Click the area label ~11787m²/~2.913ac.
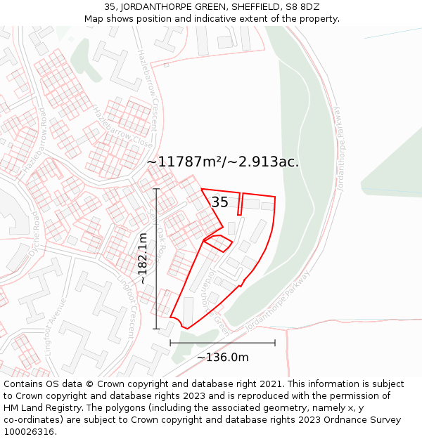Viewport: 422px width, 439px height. pos(222,162)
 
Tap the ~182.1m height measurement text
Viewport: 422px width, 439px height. pos(143,258)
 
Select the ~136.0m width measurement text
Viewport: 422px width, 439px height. pos(222,358)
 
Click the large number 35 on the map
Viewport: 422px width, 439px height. pos(219,202)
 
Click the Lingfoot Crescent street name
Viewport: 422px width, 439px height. pos(129,306)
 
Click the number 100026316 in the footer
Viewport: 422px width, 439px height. pos(29,431)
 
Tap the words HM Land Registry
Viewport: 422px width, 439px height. pos(39,407)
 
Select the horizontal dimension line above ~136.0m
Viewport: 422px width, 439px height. pos(222,343)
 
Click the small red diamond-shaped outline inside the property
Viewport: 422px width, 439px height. pos(218,243)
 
